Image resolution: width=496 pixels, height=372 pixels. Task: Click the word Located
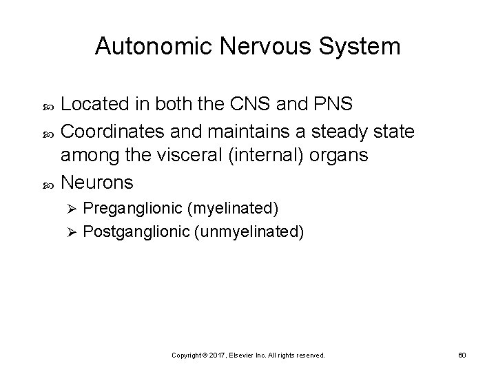[x=92, y=104]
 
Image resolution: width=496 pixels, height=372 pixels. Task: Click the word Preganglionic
[x=129, y=207]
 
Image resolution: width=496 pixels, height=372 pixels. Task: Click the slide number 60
[x=462, y=355]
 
